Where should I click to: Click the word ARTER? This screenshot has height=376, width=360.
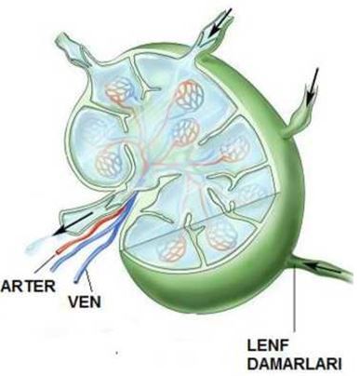[x=28, y=283]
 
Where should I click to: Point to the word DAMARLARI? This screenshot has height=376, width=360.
[x=297, y=362]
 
